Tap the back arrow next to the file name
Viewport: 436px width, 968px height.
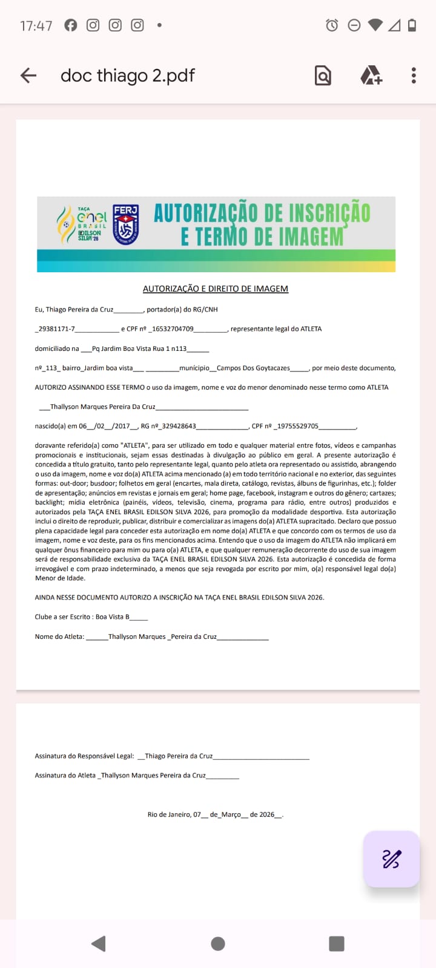(28, 76)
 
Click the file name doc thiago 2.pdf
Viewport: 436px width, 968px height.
(128, 76)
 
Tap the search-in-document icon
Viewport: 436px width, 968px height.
(323, 76)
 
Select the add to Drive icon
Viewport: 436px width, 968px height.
(371, 76)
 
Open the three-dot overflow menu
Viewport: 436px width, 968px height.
(414, 76)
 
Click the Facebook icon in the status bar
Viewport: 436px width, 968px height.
(71, 25)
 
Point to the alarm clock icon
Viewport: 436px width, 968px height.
(332, 25)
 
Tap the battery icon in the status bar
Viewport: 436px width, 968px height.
(412, 25)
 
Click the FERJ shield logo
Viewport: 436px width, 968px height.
(125, 225)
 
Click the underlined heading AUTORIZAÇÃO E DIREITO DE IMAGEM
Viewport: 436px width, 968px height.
(216, 289)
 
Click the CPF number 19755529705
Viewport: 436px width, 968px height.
(298, 426)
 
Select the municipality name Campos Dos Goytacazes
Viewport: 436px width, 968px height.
(253, 368)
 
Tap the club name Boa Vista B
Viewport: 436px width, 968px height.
(113, 617)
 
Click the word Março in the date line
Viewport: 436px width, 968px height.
(231, 815)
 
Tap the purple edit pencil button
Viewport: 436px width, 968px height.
(391, 859)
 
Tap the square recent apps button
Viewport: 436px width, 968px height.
(337, 944)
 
